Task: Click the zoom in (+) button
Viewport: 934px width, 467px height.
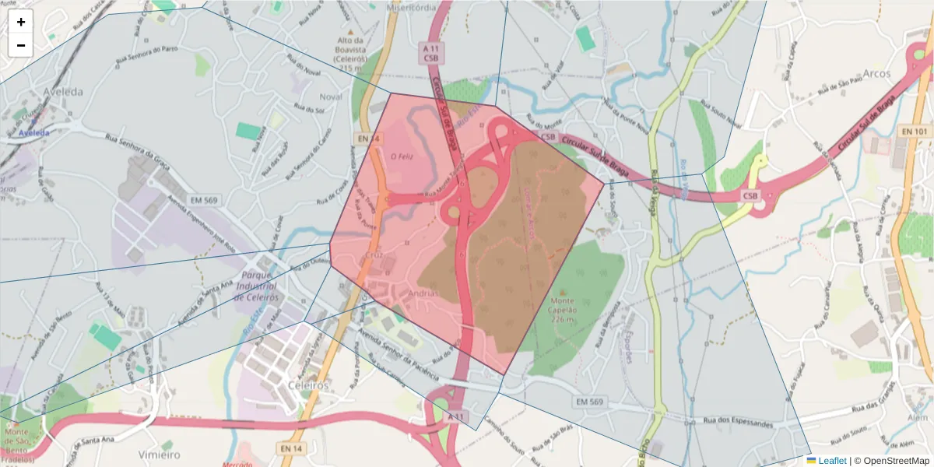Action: (x=21, y=22)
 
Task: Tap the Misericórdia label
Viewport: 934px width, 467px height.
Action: (x=411, y=7)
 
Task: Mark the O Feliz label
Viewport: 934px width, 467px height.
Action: (x=400, y=156)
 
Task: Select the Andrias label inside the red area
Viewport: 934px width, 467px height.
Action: (x=423, y=293)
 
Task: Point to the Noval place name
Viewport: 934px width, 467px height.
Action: (x=331, y=97)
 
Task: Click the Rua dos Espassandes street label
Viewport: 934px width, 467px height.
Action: (x=739, y=423)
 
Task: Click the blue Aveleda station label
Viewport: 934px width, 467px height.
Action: (x=33, y=133)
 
